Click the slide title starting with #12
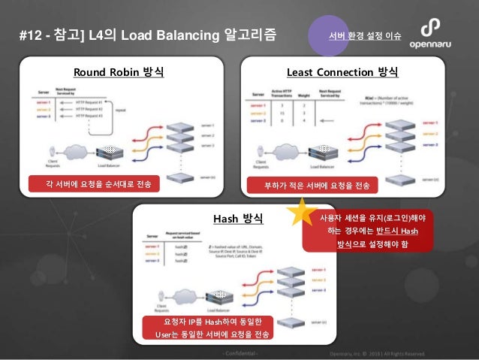click(146, 34)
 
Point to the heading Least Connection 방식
click(342, 73)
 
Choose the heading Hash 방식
click(238, 219)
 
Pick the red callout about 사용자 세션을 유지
click(367, 231)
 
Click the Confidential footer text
click(239, 353)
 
